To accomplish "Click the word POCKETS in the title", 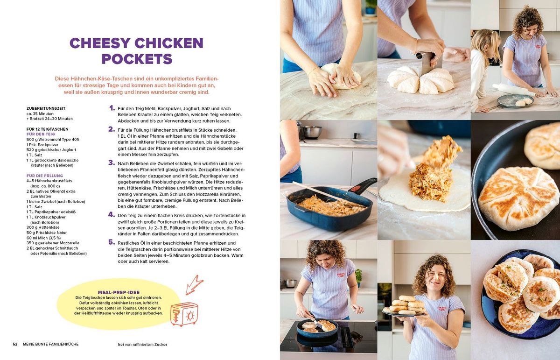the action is coord(137,59).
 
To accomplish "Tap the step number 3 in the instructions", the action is coord(112,162).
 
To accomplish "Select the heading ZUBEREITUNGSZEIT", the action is coord(46,108).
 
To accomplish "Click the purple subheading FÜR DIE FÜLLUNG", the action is coord(45,176).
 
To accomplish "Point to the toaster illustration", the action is coord(184,314).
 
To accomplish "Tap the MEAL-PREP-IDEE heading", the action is coord(119,292).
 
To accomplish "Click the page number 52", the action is coord(15,344).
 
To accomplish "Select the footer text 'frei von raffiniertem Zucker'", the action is coord(142,345).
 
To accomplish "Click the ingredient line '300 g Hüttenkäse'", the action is coord(43,227).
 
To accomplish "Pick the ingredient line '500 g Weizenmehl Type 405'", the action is coord(53,139).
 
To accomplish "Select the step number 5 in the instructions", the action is coord(112,242).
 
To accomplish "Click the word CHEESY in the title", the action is coord(103,43).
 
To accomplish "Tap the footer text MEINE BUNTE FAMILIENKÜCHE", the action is coord(51,344).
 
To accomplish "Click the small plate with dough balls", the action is coord(515,101).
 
